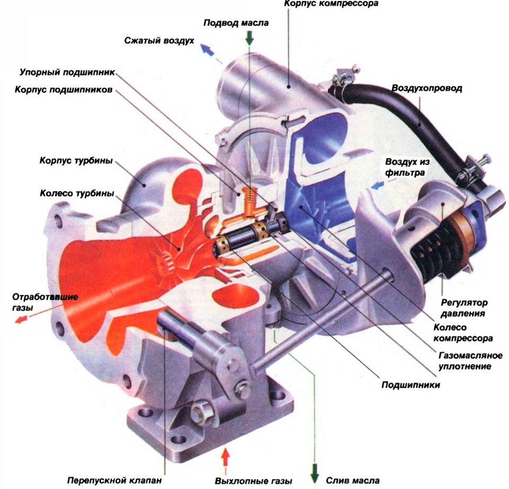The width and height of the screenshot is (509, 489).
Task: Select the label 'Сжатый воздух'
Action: click(159, 41)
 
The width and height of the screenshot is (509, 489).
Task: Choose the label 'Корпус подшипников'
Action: click(64, 90)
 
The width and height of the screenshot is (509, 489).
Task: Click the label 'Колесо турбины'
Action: click(76, 193)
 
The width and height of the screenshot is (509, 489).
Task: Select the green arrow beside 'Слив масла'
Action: click(314, 472)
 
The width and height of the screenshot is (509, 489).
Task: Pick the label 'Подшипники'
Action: click(410, 385)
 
